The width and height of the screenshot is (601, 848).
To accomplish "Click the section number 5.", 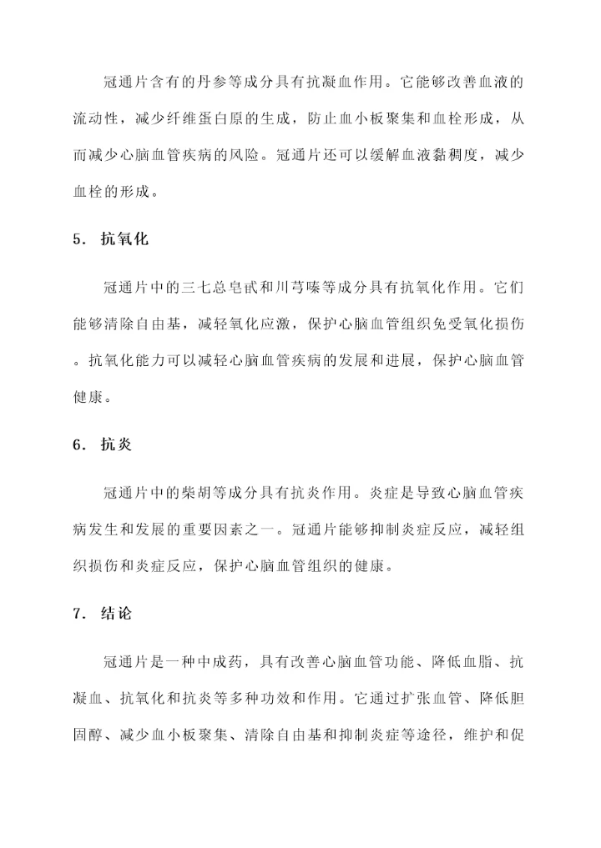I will tap(77, 239).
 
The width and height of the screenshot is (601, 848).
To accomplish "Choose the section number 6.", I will tap(77, 445).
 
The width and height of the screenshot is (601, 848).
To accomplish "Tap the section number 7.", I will tap(77, 615).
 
